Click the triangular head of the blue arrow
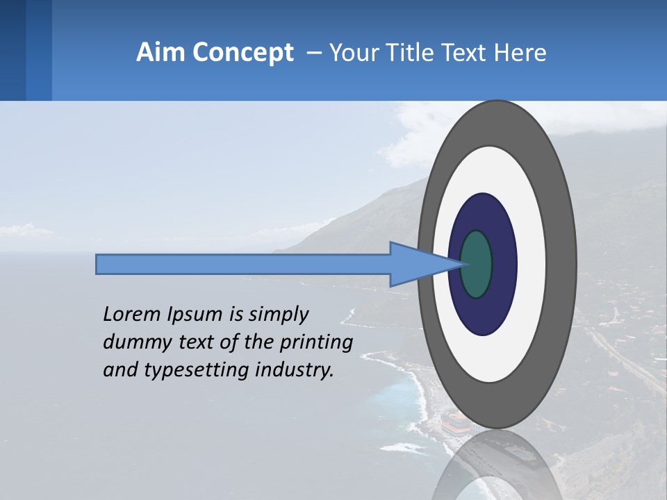(417, 264)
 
